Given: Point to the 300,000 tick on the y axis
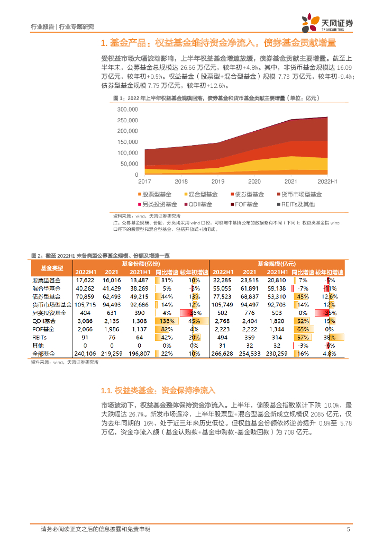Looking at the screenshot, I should (127, 110).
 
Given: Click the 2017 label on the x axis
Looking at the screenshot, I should (144, 181).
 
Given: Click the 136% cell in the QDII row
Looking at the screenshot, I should (167, 321).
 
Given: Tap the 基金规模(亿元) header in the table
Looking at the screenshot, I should (277, 264).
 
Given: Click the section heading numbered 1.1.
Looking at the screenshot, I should (158, 391).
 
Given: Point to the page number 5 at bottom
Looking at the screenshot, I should (348, 529).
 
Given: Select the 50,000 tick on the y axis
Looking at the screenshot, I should (129, 164).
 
